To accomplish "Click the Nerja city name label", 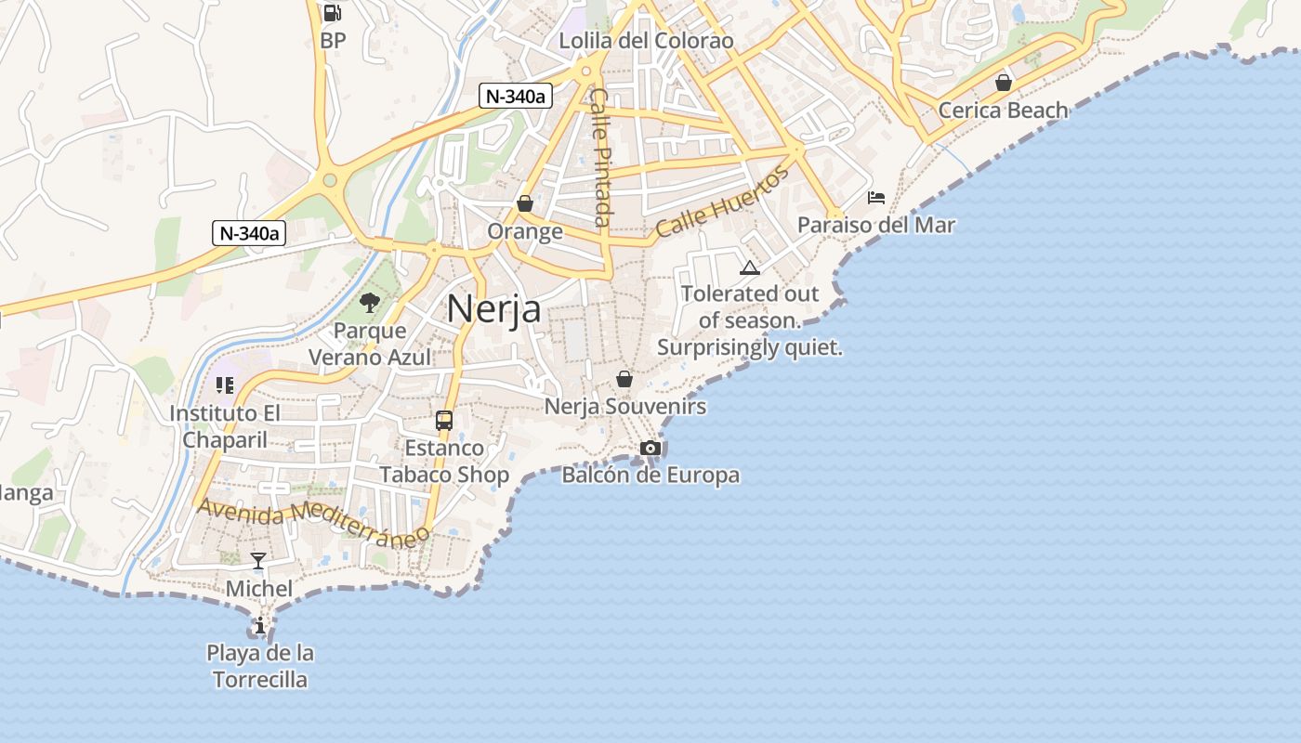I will point(493,309).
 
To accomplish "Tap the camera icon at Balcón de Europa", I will point(650,449).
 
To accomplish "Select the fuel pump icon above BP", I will point(332,13).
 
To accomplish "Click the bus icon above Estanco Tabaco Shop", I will point(444,420).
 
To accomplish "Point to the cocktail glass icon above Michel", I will point(258,560).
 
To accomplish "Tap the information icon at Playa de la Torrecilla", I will point(260,625).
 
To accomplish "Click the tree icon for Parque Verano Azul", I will point(370,302).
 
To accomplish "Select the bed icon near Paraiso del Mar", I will point(875,197).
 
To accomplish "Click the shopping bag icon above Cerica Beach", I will point(1004,83).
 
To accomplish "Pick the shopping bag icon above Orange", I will point(525,203).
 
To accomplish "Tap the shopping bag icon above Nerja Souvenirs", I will point(624,379).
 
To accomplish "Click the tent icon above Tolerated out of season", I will point(750,267).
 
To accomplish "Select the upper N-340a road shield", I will point(516,95).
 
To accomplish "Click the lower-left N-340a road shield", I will point(248,233).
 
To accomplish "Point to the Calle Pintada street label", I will point(600,158).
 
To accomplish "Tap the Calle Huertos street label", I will point(722,202).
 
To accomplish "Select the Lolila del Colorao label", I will point(646,41).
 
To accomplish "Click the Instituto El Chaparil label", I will point(224,426).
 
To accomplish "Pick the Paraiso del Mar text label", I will point(876,225).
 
